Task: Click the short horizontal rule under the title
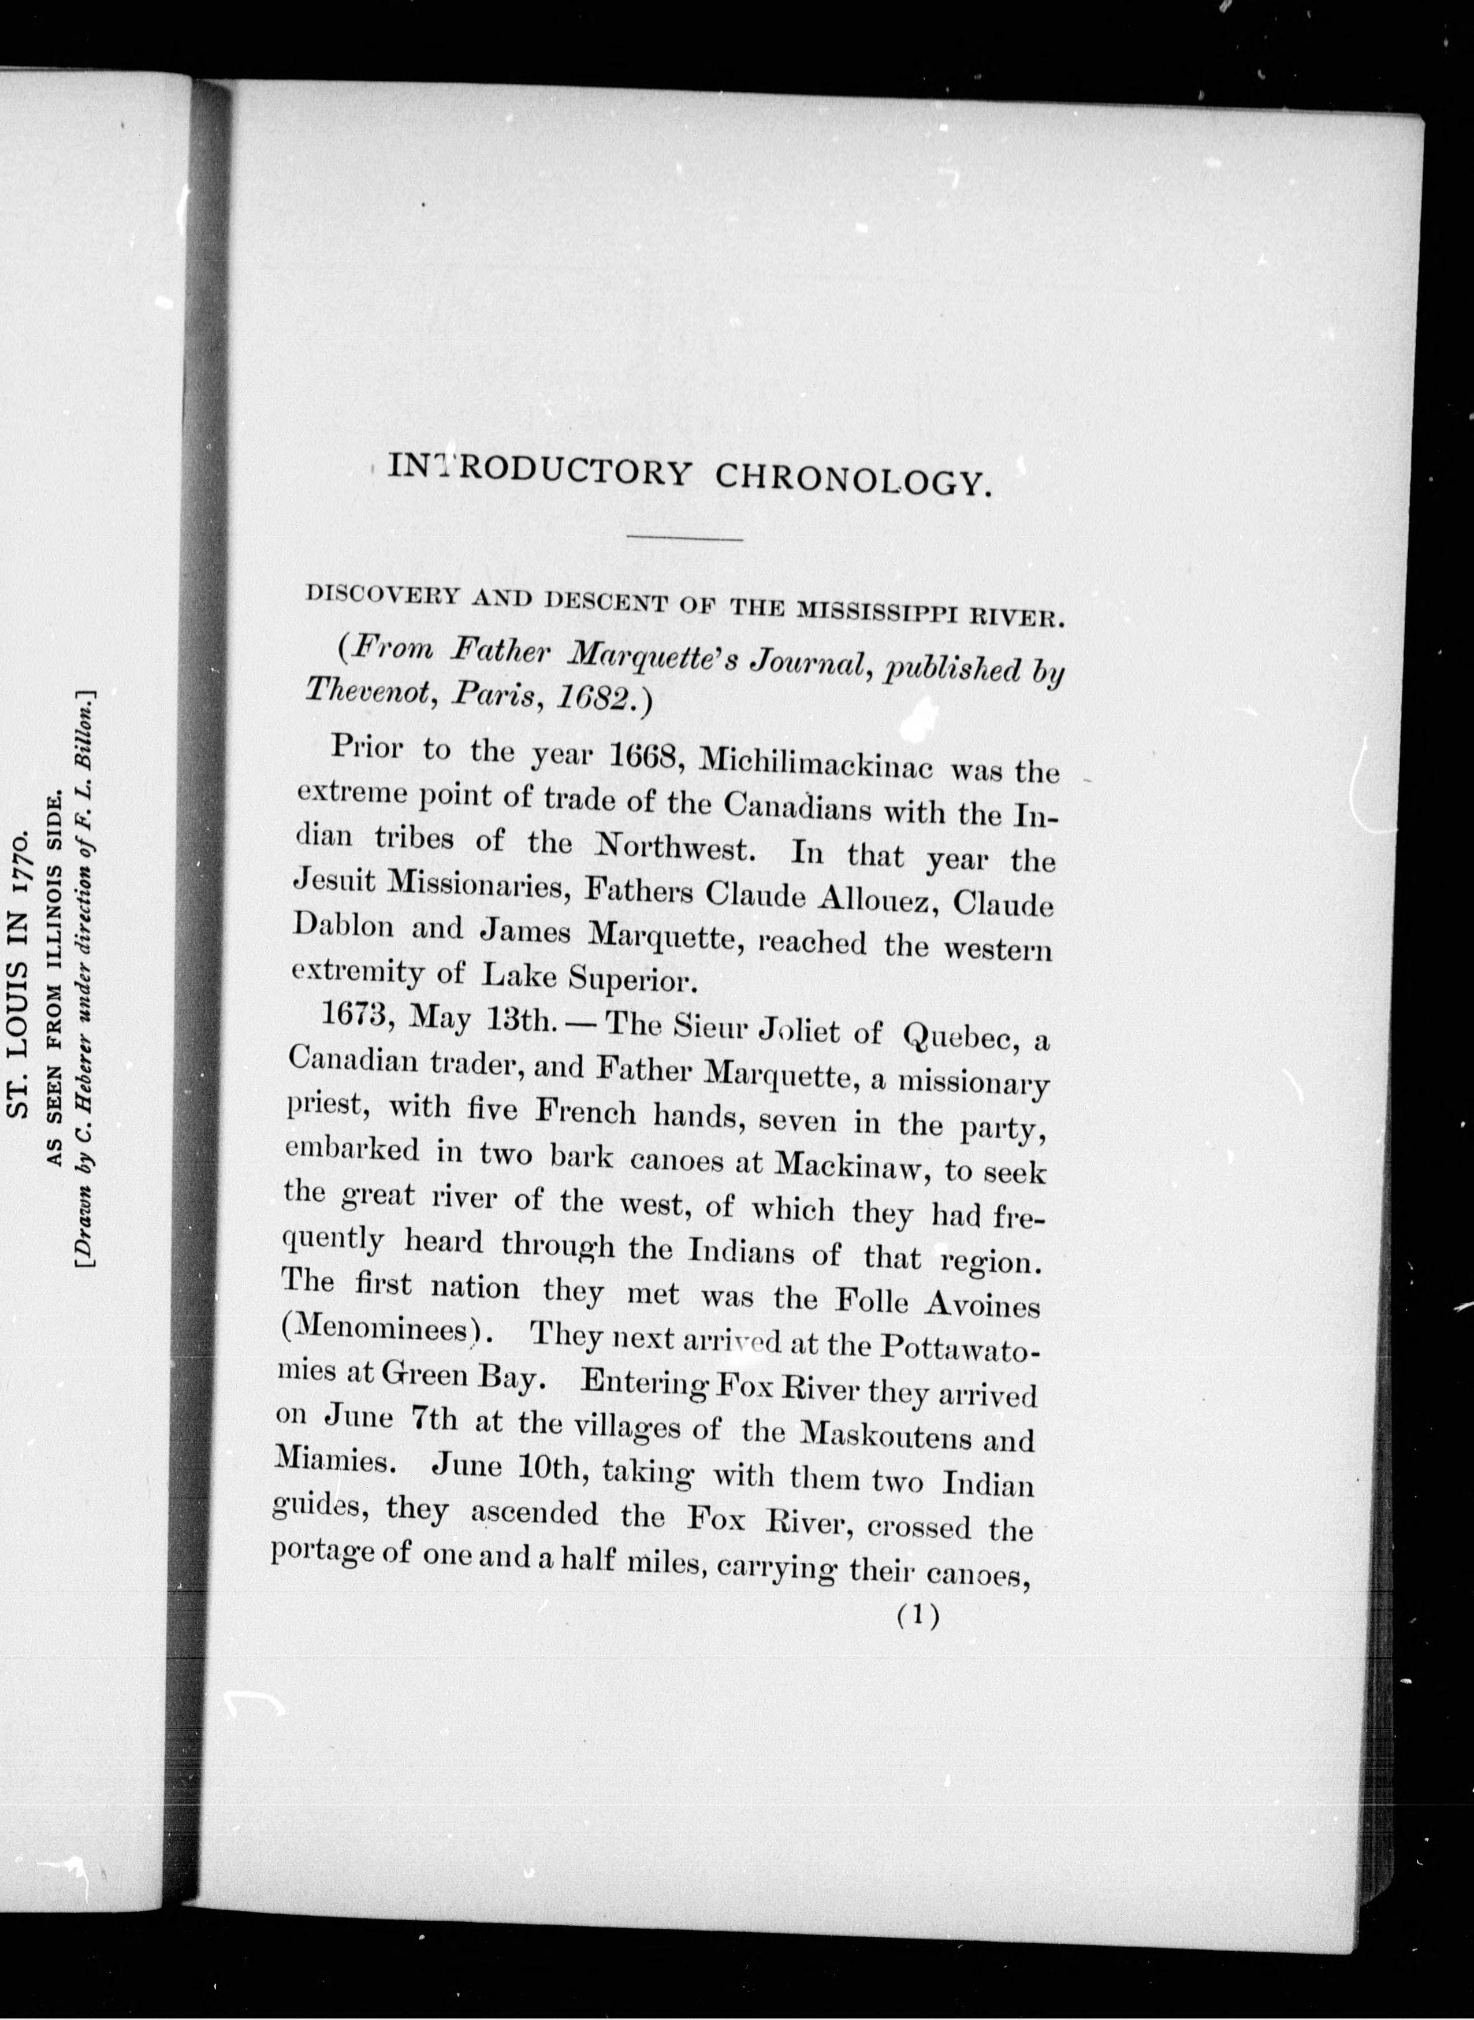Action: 685,539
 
